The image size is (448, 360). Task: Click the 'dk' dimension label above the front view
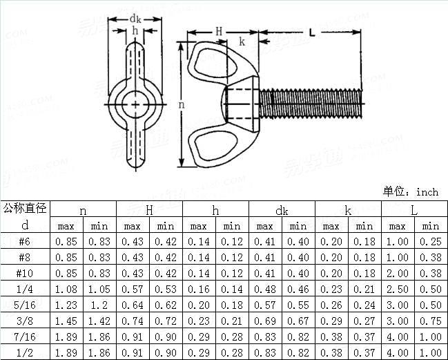tap(135, 19)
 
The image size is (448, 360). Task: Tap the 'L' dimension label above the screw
tap(313, 31)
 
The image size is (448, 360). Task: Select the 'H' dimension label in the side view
tap(219, 31)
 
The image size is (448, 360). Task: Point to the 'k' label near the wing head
tap(242, 42)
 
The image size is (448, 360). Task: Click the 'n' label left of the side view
tap(181, 104)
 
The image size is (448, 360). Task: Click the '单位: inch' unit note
tap(411, 191)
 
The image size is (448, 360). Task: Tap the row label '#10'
tap(25, 274)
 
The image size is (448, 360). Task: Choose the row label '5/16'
tap(25, 305)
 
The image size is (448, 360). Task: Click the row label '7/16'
tap(25, 337)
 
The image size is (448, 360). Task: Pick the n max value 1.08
tap(66, 290)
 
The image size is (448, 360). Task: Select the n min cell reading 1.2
tap(99, 305)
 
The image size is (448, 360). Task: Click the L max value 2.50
tap(398, 290)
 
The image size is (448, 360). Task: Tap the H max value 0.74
tap(133, 321)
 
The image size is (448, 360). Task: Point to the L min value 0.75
tap(431, 321)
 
